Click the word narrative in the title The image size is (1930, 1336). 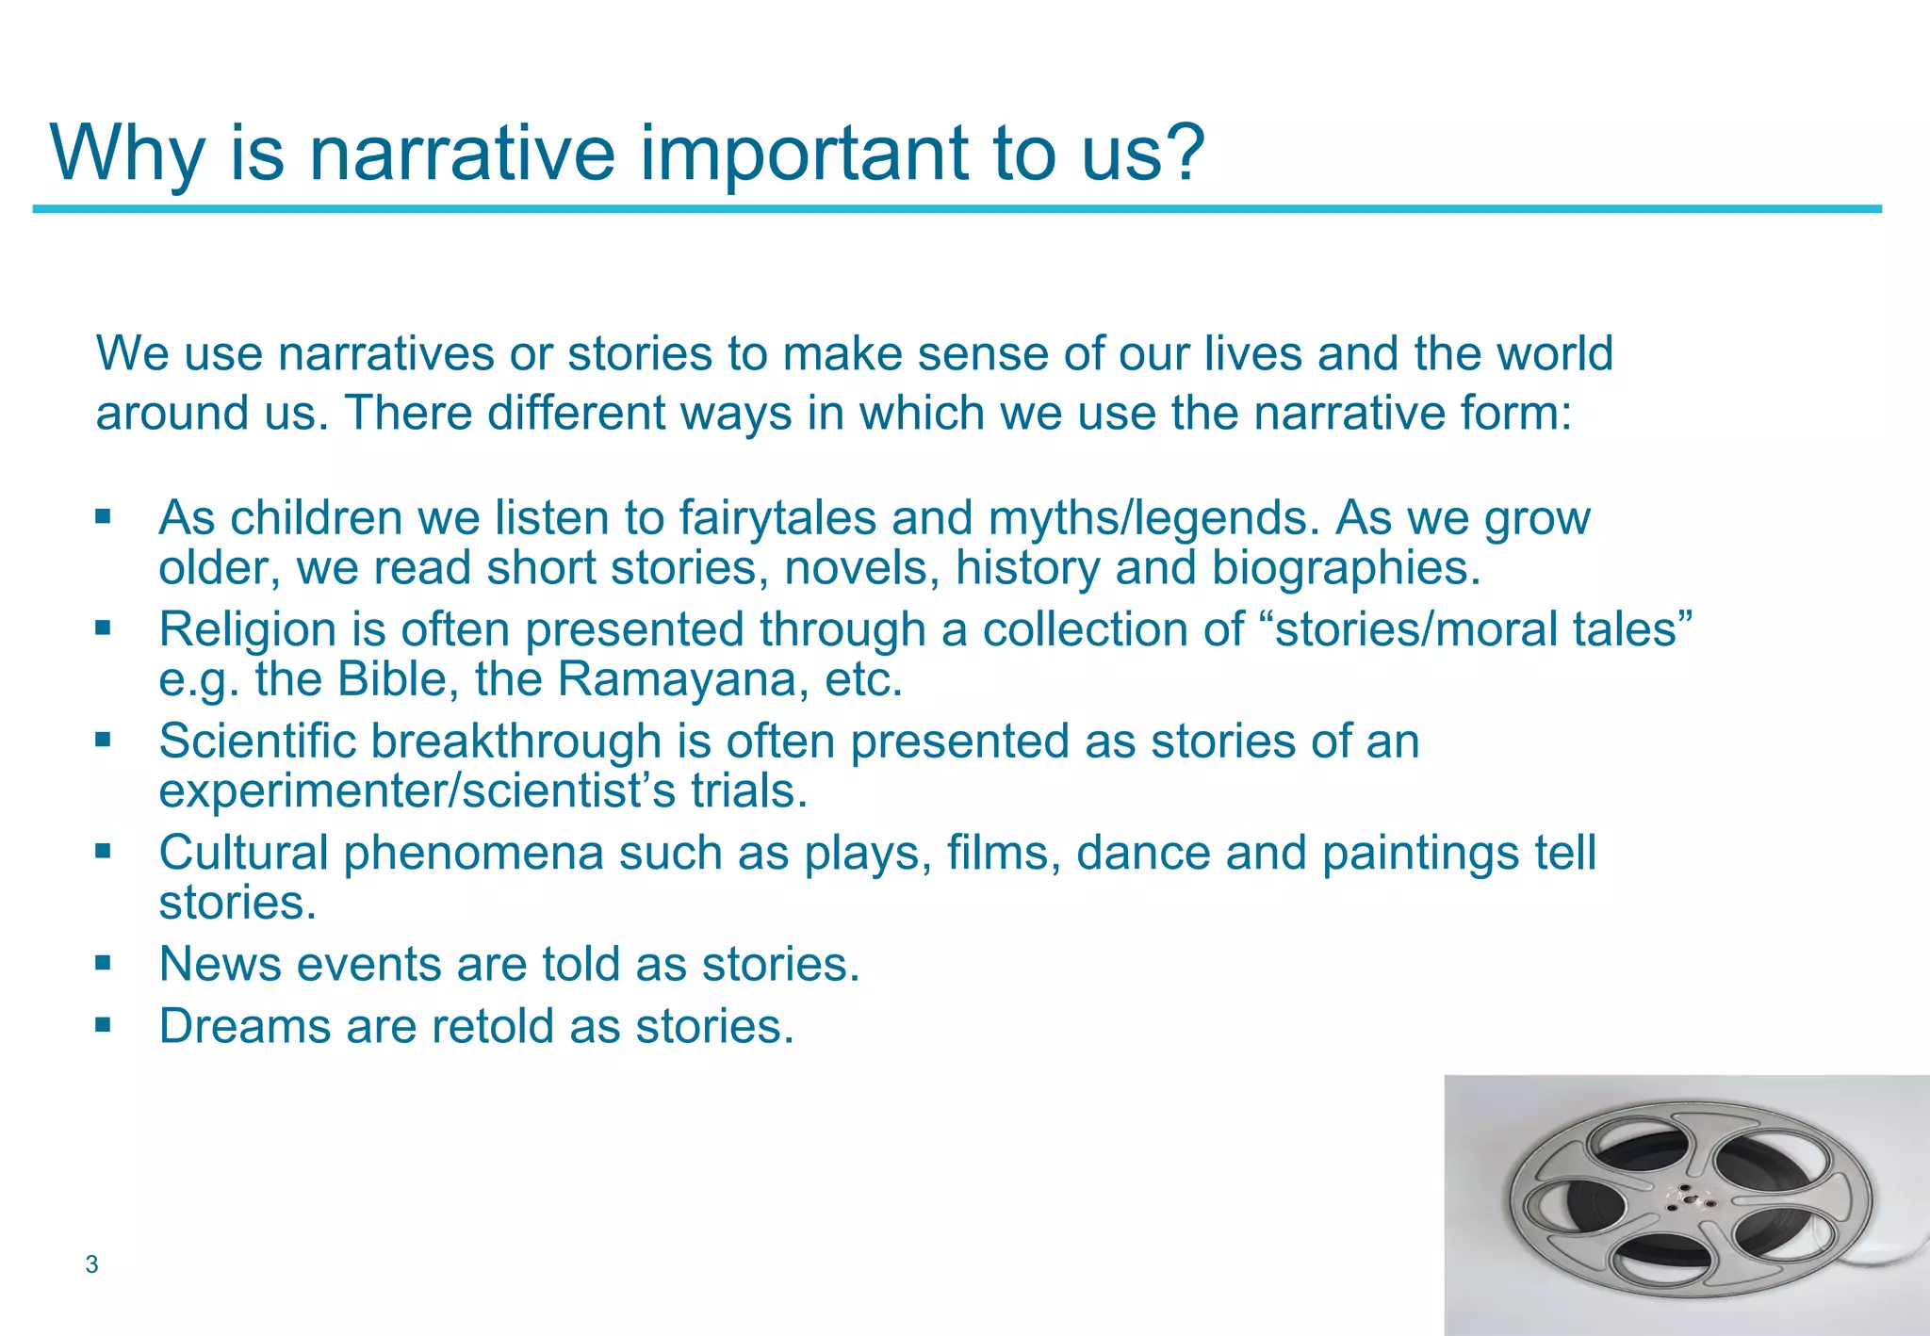462,154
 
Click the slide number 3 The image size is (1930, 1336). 91,1264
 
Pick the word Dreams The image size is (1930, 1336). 244,1026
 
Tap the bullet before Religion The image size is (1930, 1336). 103,627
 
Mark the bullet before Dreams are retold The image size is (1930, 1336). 103,1024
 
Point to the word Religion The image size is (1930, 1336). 247,629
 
